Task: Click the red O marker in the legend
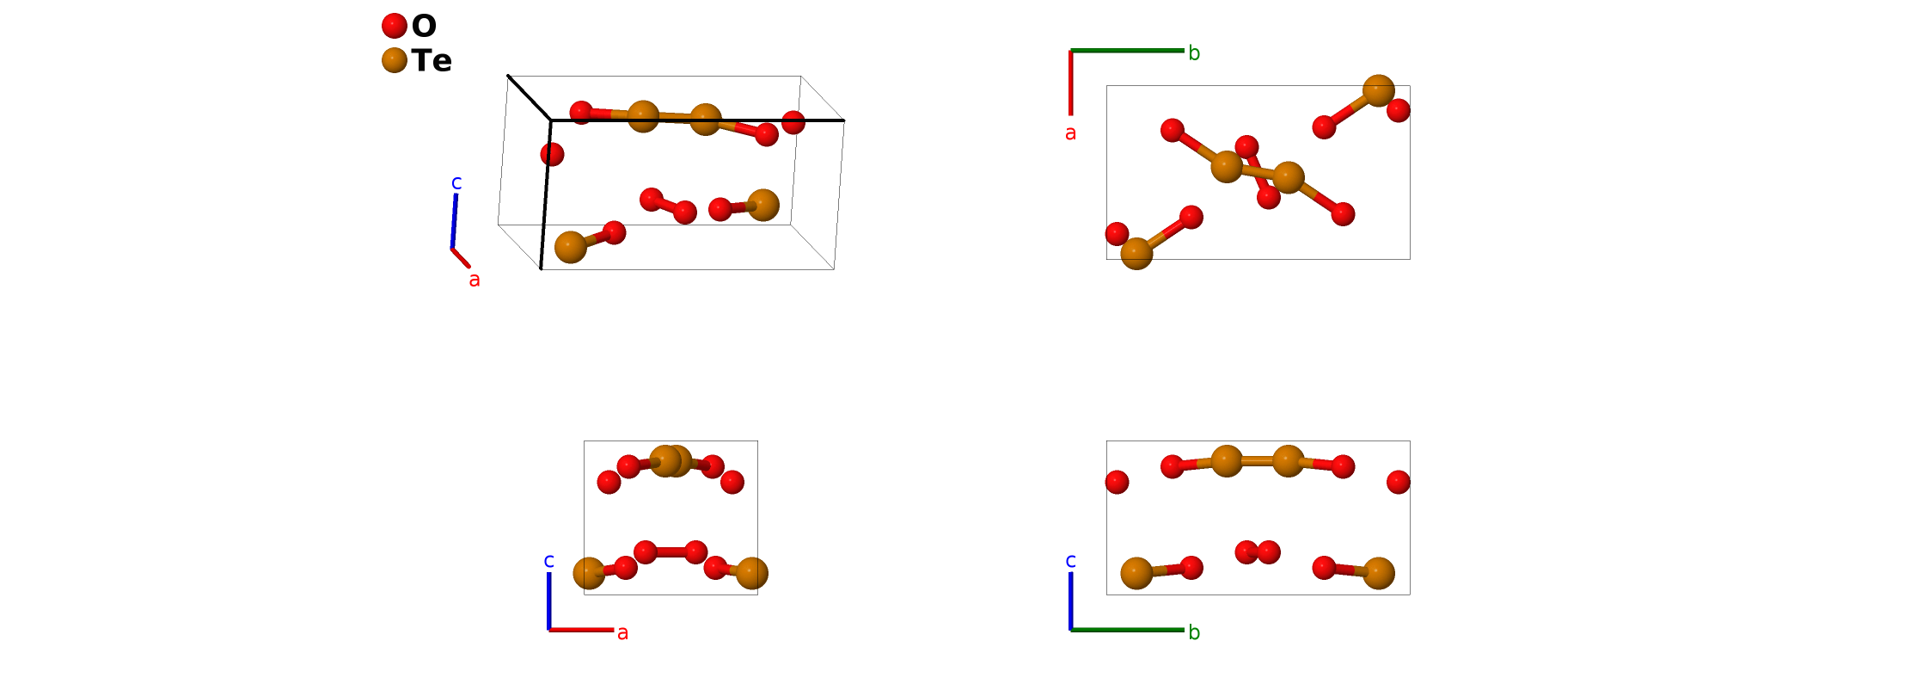pos(394,26)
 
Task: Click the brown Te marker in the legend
pos(394,60)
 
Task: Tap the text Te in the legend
pos(431,61)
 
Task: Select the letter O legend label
pos(424,26)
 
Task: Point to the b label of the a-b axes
pos(1194,53)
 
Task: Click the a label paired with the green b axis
pos(1070,133)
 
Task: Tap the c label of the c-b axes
pos(1070,561)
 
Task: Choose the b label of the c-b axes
pos(1194,632)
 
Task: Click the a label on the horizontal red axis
pos(622,633)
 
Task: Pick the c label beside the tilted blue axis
pos(456,182)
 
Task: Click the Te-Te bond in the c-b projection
pos(1257,461)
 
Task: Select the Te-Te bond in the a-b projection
pos(1257,172)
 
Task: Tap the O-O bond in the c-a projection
pos(671,552)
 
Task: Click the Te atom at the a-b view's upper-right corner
pos(1378,90)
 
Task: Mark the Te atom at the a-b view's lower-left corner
pos(1136,253)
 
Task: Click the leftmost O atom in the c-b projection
pos(1117,482)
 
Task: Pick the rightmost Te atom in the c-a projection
pos(751,573)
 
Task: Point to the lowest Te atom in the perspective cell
pos(571,247)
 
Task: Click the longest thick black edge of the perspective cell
pos(697,120)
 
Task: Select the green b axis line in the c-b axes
pos(1127,630)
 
